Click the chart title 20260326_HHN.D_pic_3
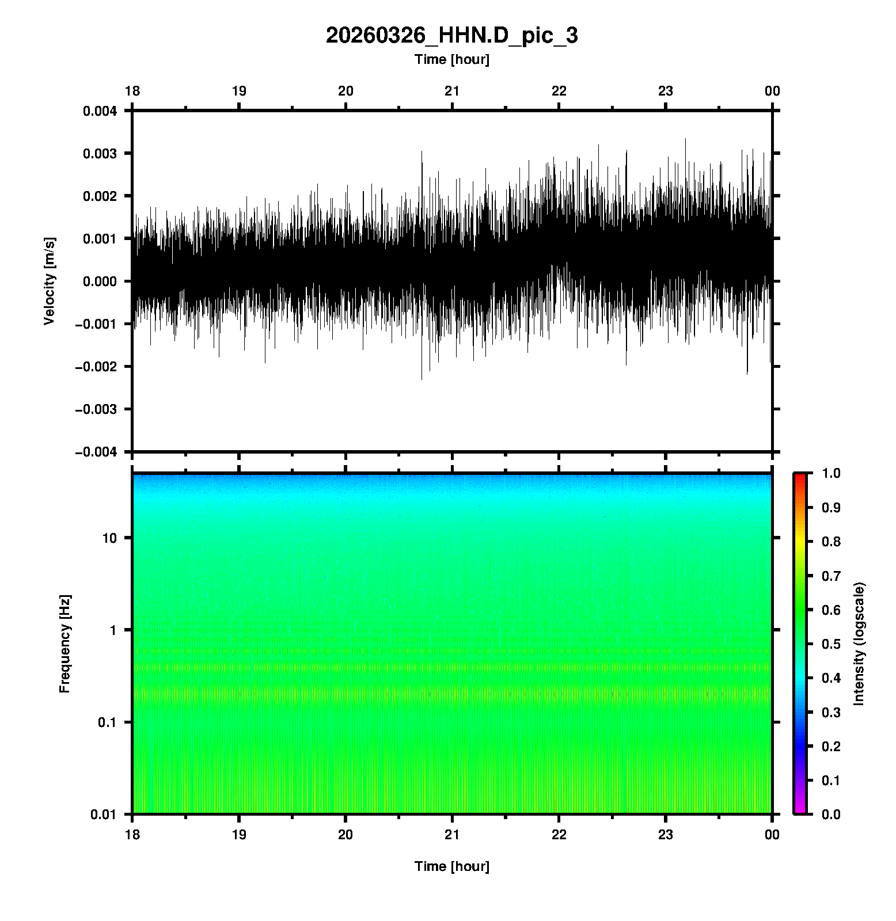coord(451,36)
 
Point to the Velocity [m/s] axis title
coord(50,281)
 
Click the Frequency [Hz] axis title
coord(64,644)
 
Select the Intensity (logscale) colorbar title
coord(859,644)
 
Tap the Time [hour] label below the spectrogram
coord(451,866)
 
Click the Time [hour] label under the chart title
coord(451,59)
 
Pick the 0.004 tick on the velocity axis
coord(100,111)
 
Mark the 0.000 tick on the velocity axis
coord(100,281)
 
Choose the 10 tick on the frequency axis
coord(110,538)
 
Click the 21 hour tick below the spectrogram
coord(452,835)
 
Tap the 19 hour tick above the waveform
coord(239,91)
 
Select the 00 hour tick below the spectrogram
coord(772,835)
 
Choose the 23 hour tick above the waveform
coord(666,91)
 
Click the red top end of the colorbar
coord(800,475)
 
